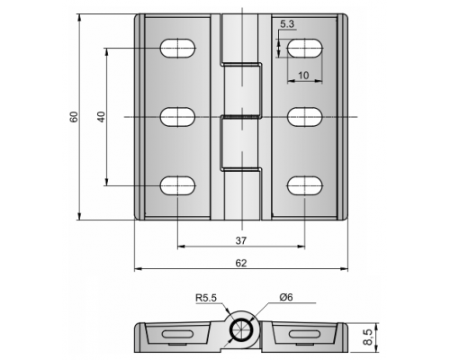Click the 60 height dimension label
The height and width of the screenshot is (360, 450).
pyautogui.click(x=74, y=117)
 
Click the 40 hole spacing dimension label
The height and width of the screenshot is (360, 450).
pyautogui.click(x=102, y=117)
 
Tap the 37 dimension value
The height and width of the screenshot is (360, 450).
pyautogui.click(x=241, y=240)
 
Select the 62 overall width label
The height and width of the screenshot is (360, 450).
pyautogui.click(x=241, y=263)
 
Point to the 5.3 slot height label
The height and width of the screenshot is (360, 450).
pyautogui.click(x=287, y=24)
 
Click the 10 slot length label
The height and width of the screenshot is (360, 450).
pyautogui.click(x=303, y=76)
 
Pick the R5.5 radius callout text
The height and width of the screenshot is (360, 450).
pyautogui.click(x=206, y=298)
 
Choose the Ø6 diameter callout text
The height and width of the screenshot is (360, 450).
pyautogui.click(x=285, y=297)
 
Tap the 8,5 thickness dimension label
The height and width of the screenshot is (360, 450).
pyautogui.click(x=368, y=337)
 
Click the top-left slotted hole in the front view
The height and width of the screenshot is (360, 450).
pyautogui.click(x=178, y=48)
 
